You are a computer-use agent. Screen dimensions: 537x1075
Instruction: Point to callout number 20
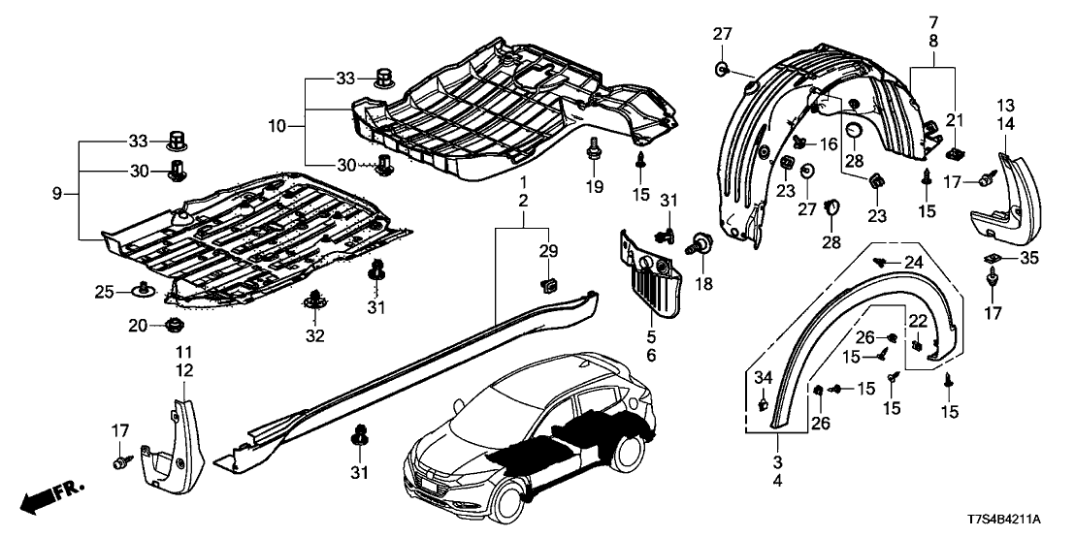tap(139, 325)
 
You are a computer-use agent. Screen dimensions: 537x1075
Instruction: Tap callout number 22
tap(917, 321)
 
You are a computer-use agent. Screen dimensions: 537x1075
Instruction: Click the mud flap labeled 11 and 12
tap(175, 442)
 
